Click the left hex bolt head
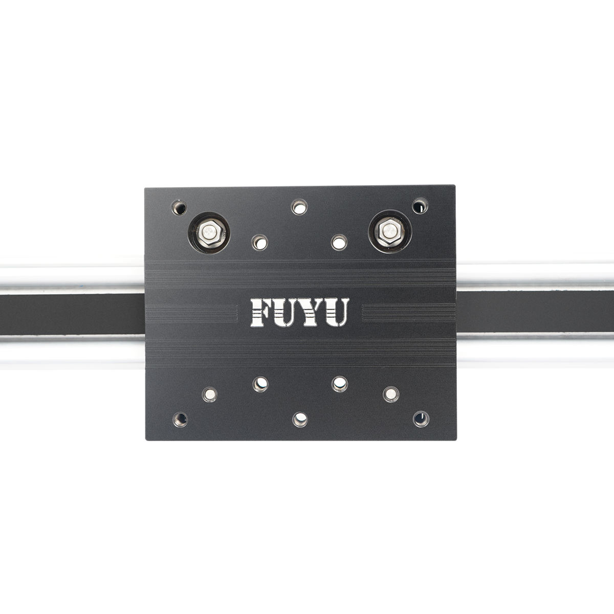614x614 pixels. pyautogui.click(x=209, y=233)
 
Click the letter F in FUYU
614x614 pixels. pyautogui.click(x=261, y=312)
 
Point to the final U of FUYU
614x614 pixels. pyautogui.click(x=338, y=312)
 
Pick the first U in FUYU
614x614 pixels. pyautogui.click(x=287, y=312)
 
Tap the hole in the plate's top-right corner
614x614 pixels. pyautogui.click(x=420, y=206)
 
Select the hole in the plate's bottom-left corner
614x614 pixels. pyautogui.click(x=180, y=419)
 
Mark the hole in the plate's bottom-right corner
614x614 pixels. pyautogui.click(x=421, y=419)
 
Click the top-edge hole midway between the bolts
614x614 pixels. pyautogui.click(x=299, y=207)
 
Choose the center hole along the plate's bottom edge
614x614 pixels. pyautogui.click(x=299, y=420)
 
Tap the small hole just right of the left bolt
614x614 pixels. pyautogui.click(x=260, y=242)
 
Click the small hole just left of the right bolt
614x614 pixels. pyautogui.click(x=338, y=242)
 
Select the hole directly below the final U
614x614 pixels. pyautogui.click(x=339, y=382)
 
